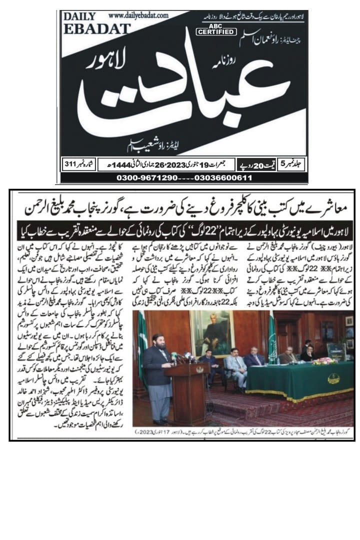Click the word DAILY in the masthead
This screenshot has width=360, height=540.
(x=79, y=16)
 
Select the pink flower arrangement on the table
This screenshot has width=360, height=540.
(x=325, y=360)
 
